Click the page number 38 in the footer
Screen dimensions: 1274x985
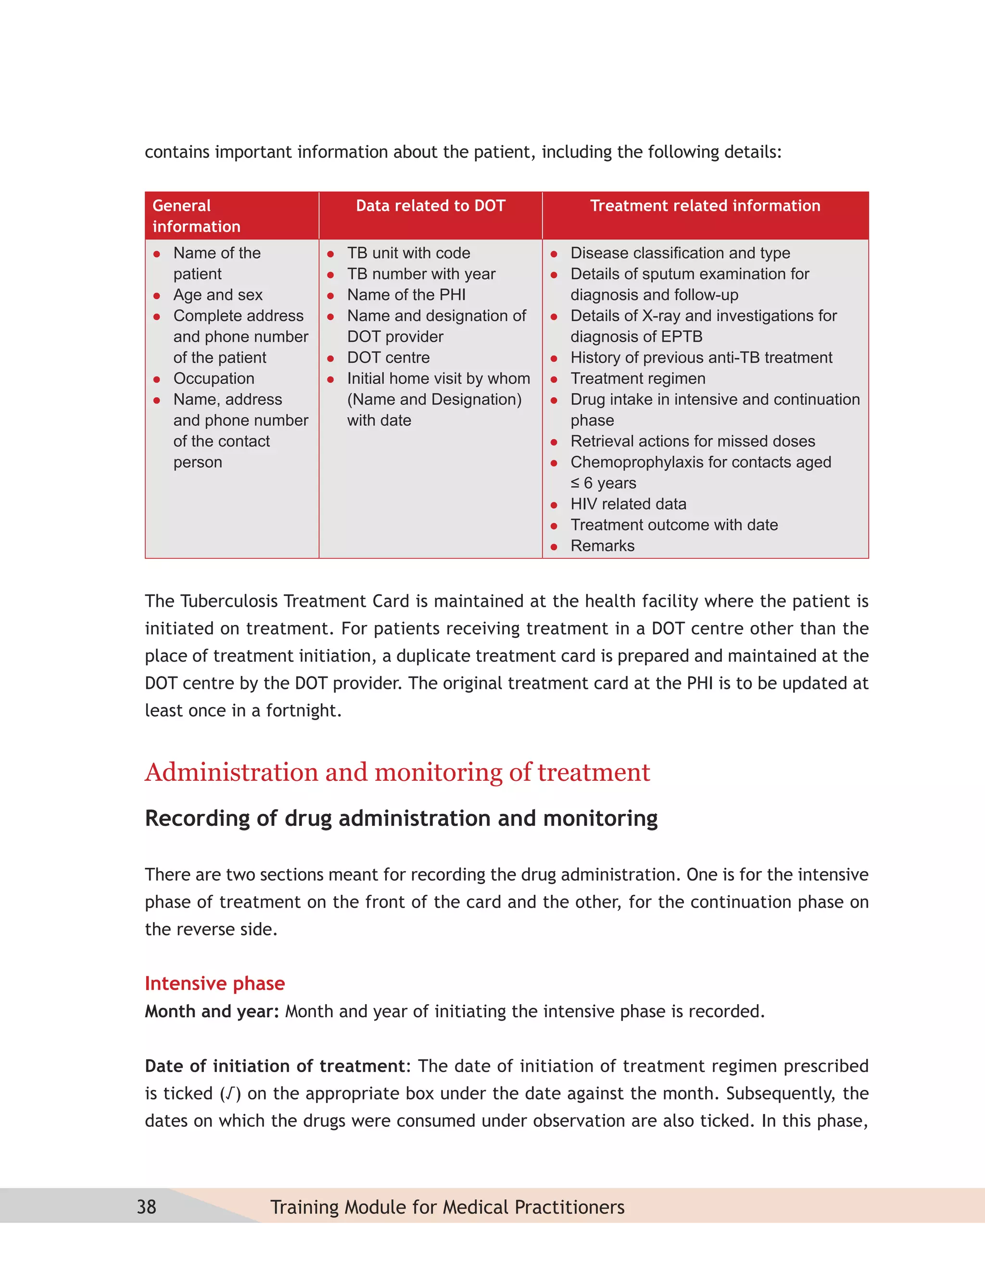click(x=147, y=1206)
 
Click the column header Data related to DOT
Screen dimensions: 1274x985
click(x=430, y=205)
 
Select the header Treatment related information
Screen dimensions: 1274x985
click(x=705, y=205)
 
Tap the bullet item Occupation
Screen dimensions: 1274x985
click(x=214, y=378)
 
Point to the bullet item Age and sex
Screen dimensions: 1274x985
click(x=218, y=295)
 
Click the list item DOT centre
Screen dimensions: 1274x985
click(x=388, y=358)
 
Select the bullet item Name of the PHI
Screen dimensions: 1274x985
click(x=406, y=295)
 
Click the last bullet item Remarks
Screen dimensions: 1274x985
click(x=602, y=546)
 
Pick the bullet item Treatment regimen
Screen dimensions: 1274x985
click(x=638, y=378)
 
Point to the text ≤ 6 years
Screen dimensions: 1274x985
click(x=604, y=483)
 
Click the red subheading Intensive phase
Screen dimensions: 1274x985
click(x=215, y=983)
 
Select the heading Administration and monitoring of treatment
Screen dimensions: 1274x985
click(x=397, y=773)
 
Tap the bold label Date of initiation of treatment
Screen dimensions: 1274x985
click(x=275, y=1066)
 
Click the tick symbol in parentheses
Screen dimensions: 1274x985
click(x=230, y=1093)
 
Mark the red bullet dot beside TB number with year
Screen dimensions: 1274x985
click(x=330, y=275)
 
